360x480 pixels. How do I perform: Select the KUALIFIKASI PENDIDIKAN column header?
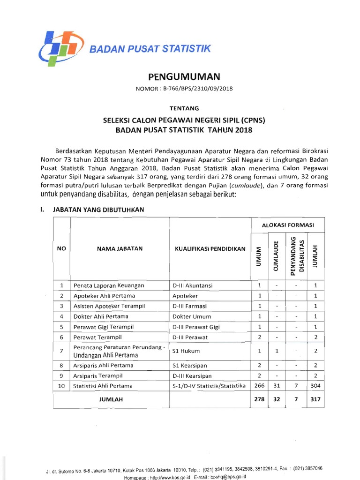pos(210,249)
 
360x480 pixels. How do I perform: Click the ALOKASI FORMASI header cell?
pos(287,225)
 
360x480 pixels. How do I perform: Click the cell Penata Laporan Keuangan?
pos(109,285)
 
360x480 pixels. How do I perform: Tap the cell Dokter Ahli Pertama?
pos(100,316)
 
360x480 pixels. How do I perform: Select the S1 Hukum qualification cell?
pos(184,351)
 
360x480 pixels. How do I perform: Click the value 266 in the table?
pos(259,386)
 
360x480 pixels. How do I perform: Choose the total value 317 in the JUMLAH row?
pos(315,400)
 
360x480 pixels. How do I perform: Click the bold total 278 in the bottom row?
pos(259,400)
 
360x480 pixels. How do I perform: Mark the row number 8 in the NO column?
pos(61,365)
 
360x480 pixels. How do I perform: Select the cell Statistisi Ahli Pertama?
pos(103,386)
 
